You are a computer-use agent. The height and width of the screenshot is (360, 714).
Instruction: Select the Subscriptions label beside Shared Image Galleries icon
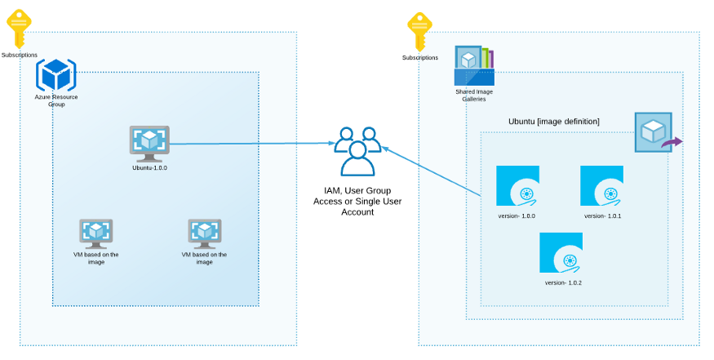tap(420, 58)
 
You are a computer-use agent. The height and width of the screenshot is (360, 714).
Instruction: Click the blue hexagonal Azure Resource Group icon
tap(56, 76)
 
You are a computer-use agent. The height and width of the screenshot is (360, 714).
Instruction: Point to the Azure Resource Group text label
tap(56, 100)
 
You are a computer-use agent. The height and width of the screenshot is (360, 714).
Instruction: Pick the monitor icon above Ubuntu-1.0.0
tap(149, 143)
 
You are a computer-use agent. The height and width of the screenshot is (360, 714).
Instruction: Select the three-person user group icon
tap(357, 152)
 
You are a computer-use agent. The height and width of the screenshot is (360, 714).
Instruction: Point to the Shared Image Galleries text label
tap(474, 96)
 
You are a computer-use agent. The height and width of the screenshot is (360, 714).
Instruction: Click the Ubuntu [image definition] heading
tap(554, 122)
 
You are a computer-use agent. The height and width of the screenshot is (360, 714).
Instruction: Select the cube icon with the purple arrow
tap(655, 133)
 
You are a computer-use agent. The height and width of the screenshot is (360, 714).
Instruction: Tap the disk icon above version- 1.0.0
tap(518, 186)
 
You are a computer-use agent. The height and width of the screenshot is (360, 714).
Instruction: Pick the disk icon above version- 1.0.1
tap(601, 186)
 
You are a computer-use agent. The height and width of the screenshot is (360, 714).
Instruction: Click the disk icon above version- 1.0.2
tap(561, 253)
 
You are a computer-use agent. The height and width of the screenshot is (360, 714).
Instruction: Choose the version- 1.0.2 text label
tap(563, 282)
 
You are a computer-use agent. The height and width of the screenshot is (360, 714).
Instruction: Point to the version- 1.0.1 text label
tap(603, 216)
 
